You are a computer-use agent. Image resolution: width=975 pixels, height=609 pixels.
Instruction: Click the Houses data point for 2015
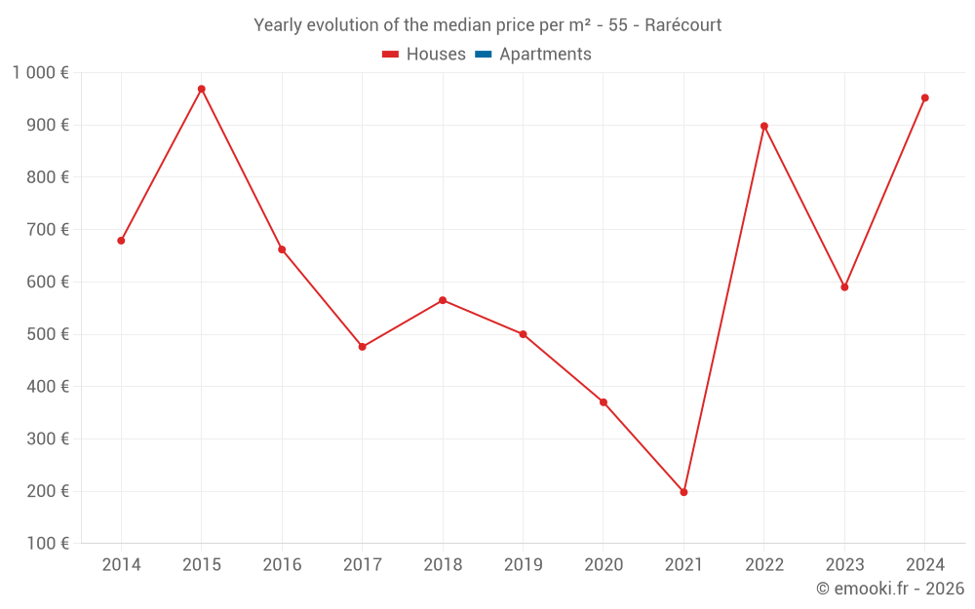[x=202, y=89]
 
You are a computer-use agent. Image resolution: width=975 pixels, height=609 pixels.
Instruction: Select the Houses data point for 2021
[x=683, y=492]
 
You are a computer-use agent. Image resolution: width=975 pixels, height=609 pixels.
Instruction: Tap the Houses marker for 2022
[x=764, y=126]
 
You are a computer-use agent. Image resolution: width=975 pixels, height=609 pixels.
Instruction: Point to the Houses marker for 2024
[x=925, y=97]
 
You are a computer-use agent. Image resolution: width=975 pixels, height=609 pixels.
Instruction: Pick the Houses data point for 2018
[x=443, y=300]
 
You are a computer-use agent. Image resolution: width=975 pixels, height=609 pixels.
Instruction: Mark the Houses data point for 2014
[x=121, y=241]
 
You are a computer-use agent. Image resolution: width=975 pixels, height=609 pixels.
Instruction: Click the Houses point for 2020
[x=604, y=402]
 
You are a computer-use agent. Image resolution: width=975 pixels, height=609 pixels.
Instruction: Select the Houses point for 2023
[x=844, y=287]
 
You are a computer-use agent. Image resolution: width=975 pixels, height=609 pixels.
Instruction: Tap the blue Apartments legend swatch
[x=483, y=55]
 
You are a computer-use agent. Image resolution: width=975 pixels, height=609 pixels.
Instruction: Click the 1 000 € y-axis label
[x=40, y=73]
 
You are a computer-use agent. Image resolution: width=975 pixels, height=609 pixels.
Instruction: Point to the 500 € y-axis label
[x=50, y=334]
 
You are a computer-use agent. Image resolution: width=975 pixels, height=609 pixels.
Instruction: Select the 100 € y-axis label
[x=50, y=544]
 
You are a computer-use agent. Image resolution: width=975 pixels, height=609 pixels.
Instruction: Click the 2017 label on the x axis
[x=362, y=565]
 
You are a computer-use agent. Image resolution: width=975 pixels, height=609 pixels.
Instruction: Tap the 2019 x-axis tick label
[x=523, y=565]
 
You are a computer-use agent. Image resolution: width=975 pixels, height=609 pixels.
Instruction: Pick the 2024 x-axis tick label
[x=924, y=565]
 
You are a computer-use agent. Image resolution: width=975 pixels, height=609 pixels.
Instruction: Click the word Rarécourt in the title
[x=682, y=25]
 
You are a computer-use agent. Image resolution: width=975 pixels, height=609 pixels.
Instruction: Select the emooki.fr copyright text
[x=890, y=589]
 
